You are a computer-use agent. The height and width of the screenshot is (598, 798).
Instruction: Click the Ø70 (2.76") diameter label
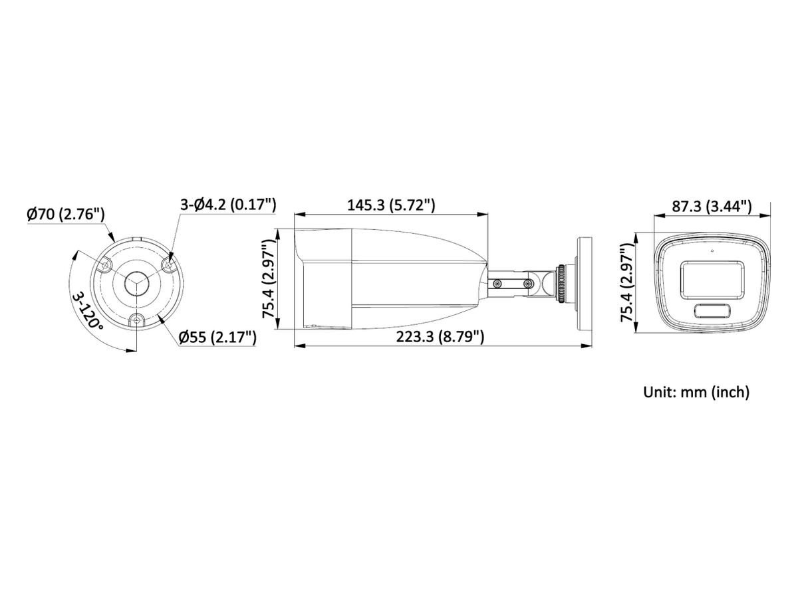click(x=65, y=214)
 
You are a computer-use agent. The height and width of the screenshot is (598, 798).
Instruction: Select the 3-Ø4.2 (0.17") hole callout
click(x=228, y=205)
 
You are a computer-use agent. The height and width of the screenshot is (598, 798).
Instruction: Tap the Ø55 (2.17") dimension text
click(x=217, y=338)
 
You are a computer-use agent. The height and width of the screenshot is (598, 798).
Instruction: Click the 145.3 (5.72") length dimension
click(x=391, y=205)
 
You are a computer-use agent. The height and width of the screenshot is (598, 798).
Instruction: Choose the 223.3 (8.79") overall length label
click(x=440, y=337)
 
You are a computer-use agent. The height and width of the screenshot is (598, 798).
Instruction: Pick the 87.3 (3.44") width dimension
click(x=712, y=206)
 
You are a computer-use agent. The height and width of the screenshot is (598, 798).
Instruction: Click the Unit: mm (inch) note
click(x=696, y=392)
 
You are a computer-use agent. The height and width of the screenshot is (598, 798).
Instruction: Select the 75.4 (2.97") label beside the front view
click(x=627, y=282)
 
